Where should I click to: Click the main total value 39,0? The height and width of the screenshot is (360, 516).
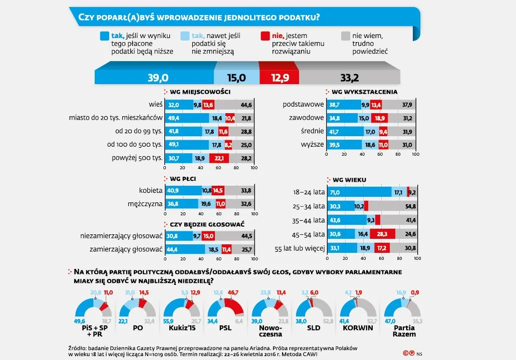click(157, 77)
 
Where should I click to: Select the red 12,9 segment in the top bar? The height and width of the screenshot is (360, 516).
click(279, 77)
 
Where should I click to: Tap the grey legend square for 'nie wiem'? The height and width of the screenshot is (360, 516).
click(345, 36)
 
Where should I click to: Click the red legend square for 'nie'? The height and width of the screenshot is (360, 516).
click(265, 36)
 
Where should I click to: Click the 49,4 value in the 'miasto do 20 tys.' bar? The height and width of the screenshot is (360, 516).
click(174, 118)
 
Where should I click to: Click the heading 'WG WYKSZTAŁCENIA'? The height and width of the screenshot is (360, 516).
click(364, 92)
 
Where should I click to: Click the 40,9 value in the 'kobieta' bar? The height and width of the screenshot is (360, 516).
click(174, 190)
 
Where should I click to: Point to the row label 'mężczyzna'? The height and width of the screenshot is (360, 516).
click(145, 204)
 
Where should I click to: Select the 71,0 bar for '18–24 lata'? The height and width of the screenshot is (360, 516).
click(359, 192)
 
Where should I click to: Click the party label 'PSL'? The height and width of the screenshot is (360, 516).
click(225, 327)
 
